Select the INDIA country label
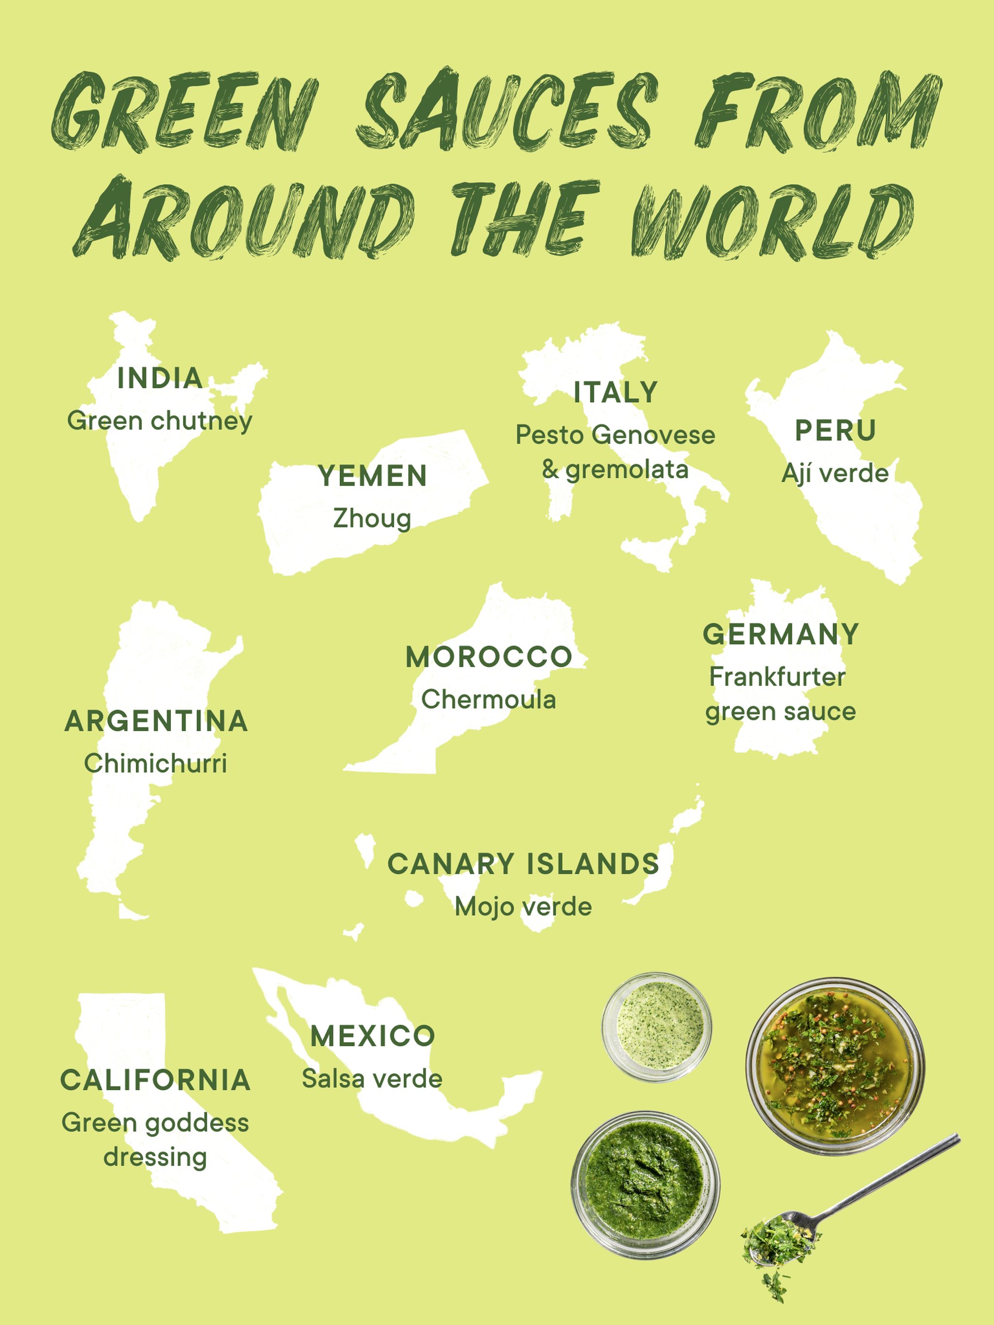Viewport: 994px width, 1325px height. [159, 378]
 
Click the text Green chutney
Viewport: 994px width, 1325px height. [159, 421]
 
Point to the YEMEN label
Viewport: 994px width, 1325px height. [373, 476]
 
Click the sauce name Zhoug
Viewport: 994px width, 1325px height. [372, 518]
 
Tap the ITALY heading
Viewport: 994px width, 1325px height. [615, 393]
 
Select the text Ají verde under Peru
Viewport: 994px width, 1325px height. [835, 473]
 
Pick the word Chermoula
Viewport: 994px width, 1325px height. [488, 700]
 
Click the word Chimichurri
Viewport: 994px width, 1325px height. [156, 764]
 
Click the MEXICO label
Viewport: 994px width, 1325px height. [373, 1036]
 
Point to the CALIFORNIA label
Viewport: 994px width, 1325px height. [155, 1080]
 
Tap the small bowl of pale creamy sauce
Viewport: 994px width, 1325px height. [657, 1027]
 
